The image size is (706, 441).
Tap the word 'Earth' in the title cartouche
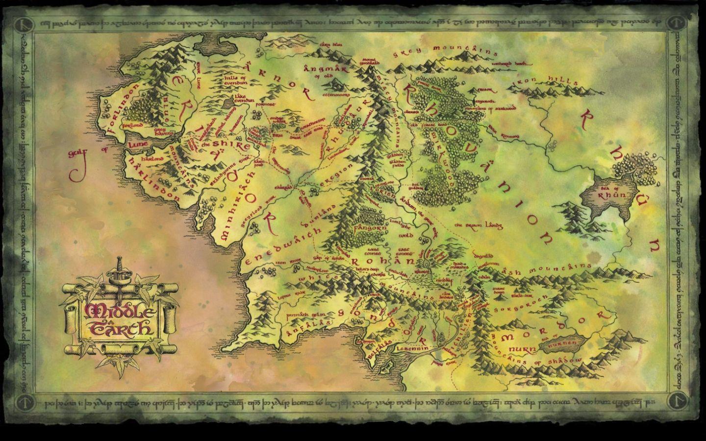[120, 326]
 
